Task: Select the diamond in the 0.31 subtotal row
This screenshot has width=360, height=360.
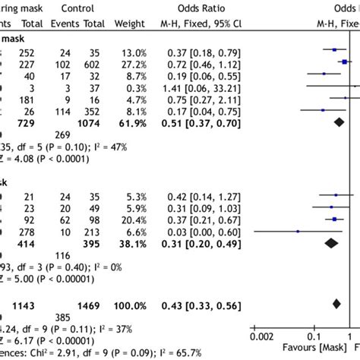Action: coord(331,243)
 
